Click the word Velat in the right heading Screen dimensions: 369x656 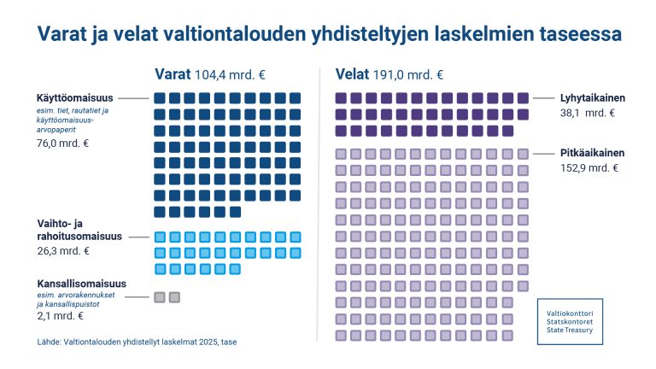(x=354, y=73)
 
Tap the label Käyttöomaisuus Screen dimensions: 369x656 (x=74, y=98)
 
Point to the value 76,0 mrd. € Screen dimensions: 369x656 (x=63, y=143)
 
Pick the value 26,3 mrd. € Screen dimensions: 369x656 (x=63, y=251)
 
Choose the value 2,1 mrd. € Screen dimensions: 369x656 (x=60, y=316)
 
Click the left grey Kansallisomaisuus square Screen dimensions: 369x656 (x=159, y=297)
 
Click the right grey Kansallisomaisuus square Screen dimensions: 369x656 (x=175, y=297)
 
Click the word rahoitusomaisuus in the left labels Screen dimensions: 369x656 (x=79, y=236)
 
